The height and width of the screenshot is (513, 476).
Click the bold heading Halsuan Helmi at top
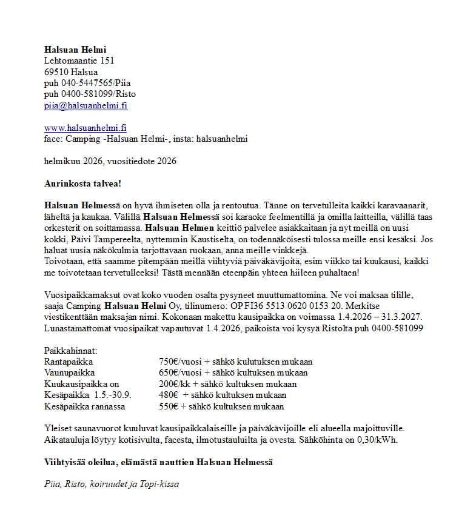[75, 50]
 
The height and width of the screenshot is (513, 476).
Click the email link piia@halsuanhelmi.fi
[85, 105]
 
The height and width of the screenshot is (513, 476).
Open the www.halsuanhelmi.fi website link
[85, 128]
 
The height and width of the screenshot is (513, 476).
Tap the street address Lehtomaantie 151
[79, 61]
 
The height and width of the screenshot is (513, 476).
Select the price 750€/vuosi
[181, 362]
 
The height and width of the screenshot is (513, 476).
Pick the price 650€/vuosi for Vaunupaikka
[181, 372]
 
